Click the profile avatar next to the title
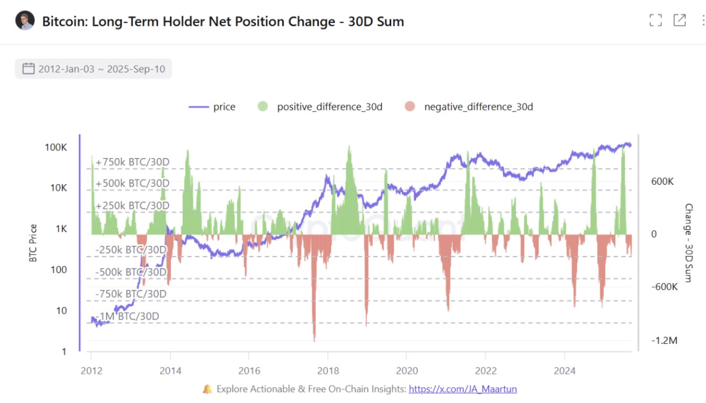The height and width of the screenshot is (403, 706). [25, 21]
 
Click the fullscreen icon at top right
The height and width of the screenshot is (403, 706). [656, 20]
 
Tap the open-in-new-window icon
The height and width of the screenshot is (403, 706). [679, 20]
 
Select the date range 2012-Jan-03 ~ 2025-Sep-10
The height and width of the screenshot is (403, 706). [101, 69]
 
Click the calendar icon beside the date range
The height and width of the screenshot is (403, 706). [29, 69]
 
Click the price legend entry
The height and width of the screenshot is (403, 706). [212, 107]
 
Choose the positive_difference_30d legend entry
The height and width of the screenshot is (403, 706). [321, 107]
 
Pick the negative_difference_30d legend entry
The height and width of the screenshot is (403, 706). [469, 107]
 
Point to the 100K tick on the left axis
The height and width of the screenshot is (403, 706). [56, 147]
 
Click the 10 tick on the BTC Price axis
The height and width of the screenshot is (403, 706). [61, 311]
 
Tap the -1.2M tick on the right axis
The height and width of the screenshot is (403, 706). [665, 341]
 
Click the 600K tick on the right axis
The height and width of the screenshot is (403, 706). [662, 181]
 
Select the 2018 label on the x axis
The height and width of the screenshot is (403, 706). [327, 371]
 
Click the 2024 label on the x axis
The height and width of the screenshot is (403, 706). [565, 371]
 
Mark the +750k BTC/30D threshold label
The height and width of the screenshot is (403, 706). [133, 162]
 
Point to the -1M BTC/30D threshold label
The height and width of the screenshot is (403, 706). [127, 316]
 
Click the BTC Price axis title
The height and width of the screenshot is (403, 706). [33, 243]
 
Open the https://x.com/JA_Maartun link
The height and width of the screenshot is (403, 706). [462, 389]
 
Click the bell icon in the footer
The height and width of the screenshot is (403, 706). [207, 389]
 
